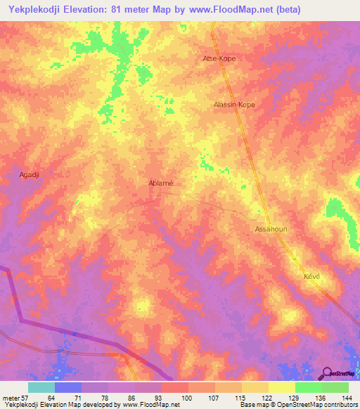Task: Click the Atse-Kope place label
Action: point(219,58)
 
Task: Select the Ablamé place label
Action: point(161,183)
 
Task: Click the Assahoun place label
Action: point(271,229)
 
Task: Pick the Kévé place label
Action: point(311,276)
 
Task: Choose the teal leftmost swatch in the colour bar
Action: point(41,387)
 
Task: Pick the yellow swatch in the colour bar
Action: point(281,387)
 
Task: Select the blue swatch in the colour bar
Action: point(68,387)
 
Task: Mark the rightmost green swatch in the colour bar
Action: point(335,387)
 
